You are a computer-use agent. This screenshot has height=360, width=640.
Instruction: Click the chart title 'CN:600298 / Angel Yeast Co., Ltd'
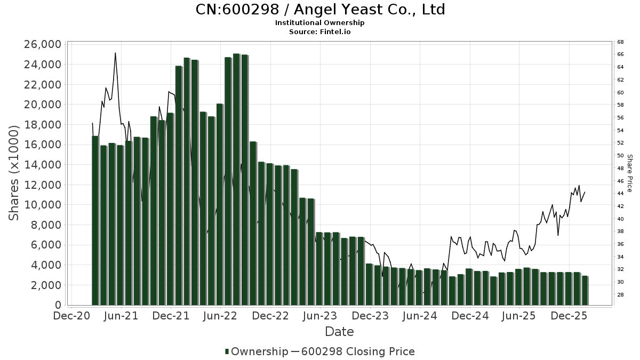(320, 10)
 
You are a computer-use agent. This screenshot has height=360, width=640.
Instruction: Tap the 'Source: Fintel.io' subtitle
(320, 31)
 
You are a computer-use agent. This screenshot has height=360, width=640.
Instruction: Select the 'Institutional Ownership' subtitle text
(320, 23)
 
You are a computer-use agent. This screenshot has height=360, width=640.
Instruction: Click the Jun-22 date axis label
(220, 316)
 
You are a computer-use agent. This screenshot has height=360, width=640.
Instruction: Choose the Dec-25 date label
(569, 316)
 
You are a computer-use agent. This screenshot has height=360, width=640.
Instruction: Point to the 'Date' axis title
(339, 332)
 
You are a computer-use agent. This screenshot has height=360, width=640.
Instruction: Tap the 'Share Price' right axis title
(629, 173)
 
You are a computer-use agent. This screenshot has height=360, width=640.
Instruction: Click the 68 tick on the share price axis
(620, 42)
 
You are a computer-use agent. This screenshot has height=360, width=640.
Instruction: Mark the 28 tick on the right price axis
(620, 295)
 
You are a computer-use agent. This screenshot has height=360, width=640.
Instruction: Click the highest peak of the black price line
(115, 53)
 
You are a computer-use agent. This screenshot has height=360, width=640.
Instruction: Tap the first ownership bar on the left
(95, 220)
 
